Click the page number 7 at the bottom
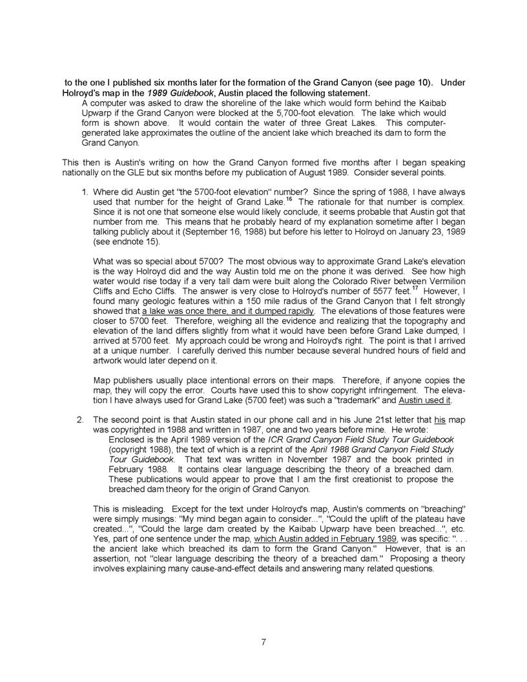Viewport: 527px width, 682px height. pos(263,641)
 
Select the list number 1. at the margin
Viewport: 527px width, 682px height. pos(84,192)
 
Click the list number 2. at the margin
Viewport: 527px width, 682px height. pos(84,419)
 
